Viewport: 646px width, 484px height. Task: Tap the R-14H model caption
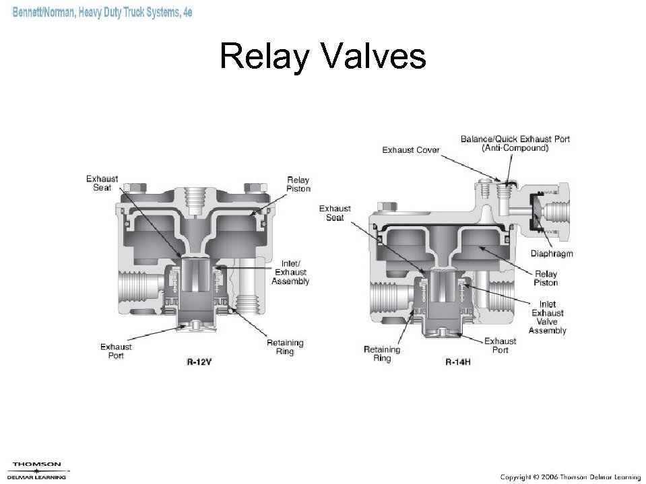tap(458, 361)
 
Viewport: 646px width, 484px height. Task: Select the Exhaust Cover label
tap(411, 149)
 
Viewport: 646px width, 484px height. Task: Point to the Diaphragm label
tap(552, 254)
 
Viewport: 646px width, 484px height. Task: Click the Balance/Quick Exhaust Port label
tap(515, 143)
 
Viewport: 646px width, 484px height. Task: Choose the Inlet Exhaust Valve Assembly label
tap(547, 317)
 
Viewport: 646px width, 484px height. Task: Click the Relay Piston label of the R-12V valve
tap(298, 184)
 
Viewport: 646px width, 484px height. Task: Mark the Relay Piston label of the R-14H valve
tap(546, 278)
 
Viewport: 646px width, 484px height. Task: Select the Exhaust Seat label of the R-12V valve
tap(102, 183)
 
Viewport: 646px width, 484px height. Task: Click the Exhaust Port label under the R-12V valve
tap(116, 351)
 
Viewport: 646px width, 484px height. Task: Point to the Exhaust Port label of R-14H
tap(500, 345)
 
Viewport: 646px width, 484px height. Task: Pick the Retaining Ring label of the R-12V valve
tap(285, 347)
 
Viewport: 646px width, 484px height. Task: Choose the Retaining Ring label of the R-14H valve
tap(381, 353)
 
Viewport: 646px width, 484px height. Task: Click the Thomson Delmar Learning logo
tap(37, 470)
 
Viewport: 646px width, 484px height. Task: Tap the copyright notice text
tap(567, 477)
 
